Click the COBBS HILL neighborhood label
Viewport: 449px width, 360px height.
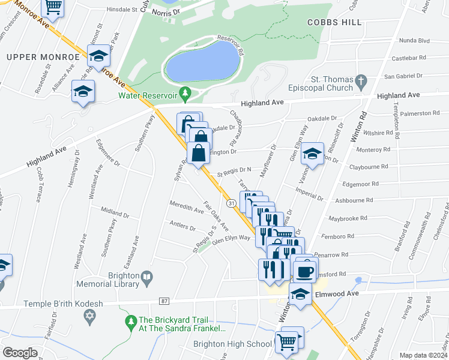pos(335,22)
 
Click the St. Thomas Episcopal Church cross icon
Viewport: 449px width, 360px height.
pos(361,80)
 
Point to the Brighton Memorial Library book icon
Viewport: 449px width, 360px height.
pos(146,277)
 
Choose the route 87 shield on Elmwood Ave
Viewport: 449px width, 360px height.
pos(164,300)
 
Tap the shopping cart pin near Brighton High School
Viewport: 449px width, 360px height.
pos(288,342)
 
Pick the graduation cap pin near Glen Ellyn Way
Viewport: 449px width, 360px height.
pos(312,155)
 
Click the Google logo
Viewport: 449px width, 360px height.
pos(20,352)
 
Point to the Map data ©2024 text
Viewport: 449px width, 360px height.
pos(423,355)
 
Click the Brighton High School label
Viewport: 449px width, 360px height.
pos(232,344)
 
